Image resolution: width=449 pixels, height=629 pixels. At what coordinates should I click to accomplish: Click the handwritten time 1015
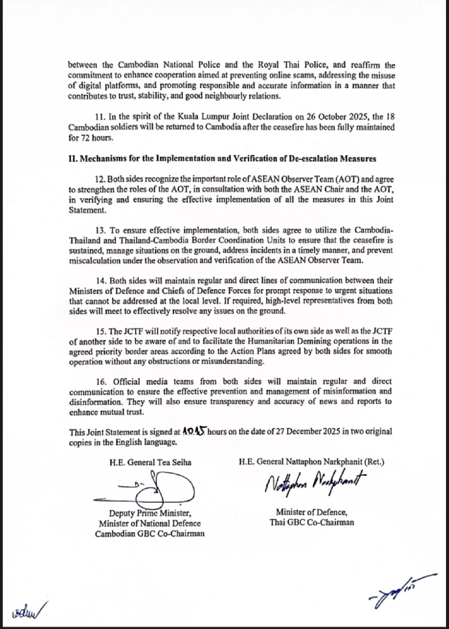coord(194,431)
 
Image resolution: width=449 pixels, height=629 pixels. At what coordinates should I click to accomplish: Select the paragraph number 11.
coord(99,117)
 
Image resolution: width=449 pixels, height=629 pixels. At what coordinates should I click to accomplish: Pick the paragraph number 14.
coord(100,281)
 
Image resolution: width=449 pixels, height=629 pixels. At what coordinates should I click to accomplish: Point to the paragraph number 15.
coord(100,332)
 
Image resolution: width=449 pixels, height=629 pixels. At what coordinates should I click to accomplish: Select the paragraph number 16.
coord(100,382)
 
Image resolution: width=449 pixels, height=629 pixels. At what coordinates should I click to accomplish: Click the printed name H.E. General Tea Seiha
coord(150,462)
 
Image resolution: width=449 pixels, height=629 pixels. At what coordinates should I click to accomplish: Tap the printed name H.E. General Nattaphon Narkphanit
coord(311,462)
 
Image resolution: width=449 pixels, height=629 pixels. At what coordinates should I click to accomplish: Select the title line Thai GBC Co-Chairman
coord(311,522)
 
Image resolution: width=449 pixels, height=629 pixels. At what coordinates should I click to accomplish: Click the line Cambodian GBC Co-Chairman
coord(150,534)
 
